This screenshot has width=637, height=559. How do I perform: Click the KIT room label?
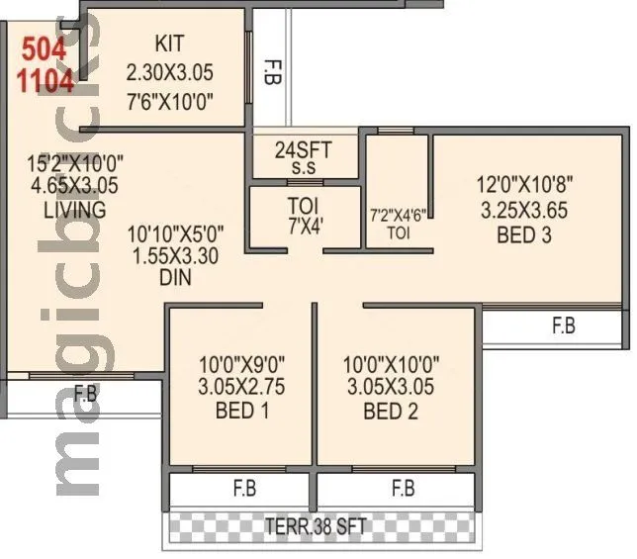(170, 44)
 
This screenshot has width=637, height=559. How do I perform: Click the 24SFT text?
(303, 150)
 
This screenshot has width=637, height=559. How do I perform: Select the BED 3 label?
(513, 235)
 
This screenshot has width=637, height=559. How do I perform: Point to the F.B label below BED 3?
(563, 326)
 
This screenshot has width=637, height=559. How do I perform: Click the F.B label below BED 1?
(243, 489)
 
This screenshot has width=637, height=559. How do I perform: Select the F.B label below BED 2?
(402, 489)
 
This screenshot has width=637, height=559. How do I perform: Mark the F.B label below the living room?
(84, 394)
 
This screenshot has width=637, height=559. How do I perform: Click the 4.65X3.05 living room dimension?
(67, 184)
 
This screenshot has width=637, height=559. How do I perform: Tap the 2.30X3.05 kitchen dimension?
(170, 72)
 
